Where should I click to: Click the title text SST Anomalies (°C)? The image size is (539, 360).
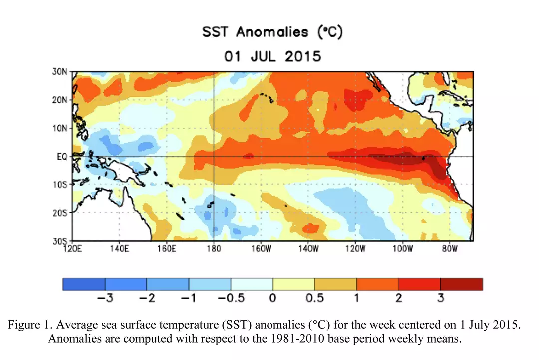coord(272,33)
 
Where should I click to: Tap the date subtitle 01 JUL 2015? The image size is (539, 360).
coord(272,56)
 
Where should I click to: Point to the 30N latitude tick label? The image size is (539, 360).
coord(60,72)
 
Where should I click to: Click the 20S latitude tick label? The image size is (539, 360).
coord(60,213)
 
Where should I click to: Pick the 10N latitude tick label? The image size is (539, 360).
coord(60,128)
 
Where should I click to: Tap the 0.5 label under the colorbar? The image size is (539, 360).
coord(314,298)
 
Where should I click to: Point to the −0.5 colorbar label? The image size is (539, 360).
coord(230,298)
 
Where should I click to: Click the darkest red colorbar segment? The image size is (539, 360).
coord(462,284)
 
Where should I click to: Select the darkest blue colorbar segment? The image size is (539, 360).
coord(84,284)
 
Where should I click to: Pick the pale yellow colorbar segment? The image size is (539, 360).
coord(293,284)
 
